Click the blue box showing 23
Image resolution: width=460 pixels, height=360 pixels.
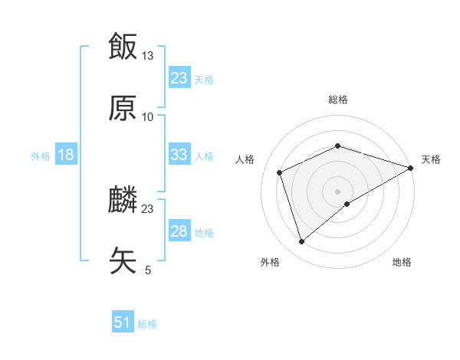(179, 78)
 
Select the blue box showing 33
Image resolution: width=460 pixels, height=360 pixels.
(179, 155)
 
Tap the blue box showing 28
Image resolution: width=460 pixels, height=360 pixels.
(179, 231)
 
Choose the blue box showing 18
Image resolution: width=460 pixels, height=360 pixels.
(65, 155)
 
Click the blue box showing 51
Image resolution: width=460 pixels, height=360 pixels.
(122, 322)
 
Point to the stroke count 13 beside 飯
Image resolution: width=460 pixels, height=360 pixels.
(148, 55)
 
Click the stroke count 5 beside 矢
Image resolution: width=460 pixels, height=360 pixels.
(148, 270)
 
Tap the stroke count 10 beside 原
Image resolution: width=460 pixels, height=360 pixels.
(148, 116)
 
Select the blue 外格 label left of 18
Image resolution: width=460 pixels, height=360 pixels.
(41, 155)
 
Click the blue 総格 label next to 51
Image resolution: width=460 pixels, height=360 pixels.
(147, 324)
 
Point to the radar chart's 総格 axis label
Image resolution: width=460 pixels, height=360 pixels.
(338, 100)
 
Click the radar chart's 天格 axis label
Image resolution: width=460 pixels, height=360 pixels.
(431, 159)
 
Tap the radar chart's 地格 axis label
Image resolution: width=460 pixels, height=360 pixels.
(402, 263)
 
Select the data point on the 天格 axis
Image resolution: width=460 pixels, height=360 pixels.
(412, 167)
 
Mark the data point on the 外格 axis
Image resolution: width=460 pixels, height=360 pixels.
(301, 242)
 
